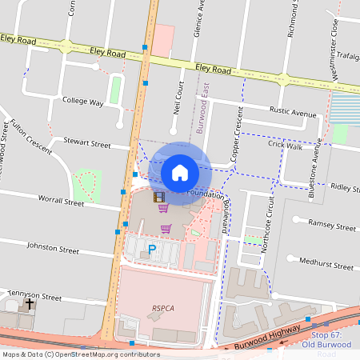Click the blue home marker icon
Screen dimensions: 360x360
point(180,171)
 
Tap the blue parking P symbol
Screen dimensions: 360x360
point(152,250)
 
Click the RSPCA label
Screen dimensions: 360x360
point(162,306)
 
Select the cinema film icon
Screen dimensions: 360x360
point(159,197)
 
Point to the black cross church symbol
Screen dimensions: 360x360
point(30,304)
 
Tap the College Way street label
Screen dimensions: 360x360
point(83,102)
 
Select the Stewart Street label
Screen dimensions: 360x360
point(88,145)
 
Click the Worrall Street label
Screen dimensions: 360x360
point(61,203)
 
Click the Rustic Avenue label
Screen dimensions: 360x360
point(293,114)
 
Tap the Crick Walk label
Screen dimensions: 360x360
point(286,145)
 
